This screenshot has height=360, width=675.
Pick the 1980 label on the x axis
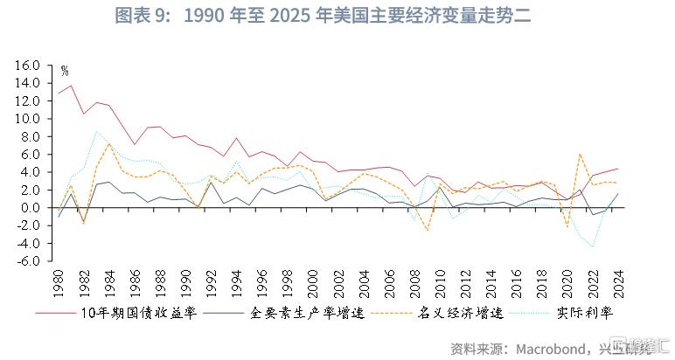tap(59, 284)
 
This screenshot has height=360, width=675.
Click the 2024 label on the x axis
tap(616, 284)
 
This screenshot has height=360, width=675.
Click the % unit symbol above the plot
tap(64, 71)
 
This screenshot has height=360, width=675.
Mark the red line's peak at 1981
tap(72, 85)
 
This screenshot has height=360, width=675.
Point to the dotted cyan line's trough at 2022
tap(591, 246)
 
